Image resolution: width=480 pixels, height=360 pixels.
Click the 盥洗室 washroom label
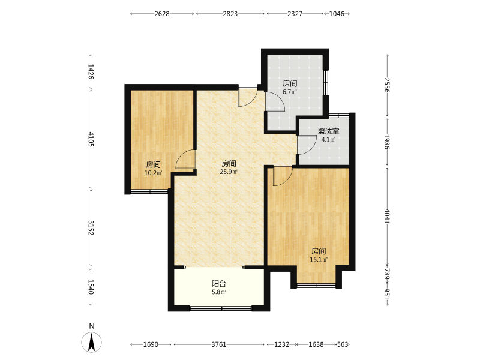(328, 131)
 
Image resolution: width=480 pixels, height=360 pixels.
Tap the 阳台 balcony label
(219, 283)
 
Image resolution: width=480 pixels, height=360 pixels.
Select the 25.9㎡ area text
(229, 172)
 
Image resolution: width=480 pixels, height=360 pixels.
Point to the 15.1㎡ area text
(319, 260)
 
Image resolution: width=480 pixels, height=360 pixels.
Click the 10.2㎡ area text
(153, 173)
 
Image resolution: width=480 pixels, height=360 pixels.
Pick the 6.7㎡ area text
(290, 92)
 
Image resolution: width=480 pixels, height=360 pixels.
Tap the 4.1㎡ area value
(328, 140)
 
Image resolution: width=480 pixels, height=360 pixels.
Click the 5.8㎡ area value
(219, 292)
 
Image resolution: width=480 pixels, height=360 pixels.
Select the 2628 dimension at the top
(162, 14)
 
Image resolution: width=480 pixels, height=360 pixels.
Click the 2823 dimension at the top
(230, 14)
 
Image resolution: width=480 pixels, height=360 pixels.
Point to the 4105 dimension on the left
(91, 139)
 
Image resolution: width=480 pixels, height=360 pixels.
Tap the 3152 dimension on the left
(91, 228)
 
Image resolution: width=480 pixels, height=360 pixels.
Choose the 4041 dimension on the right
(387, 216)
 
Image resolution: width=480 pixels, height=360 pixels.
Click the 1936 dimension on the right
(387, 142)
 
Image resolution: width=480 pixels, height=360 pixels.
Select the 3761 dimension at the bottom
(219, 344)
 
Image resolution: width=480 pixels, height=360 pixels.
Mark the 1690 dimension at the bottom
(151, 344)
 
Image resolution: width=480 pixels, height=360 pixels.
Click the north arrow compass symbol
(92, 342)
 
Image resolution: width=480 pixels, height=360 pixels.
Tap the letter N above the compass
(92, 326)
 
